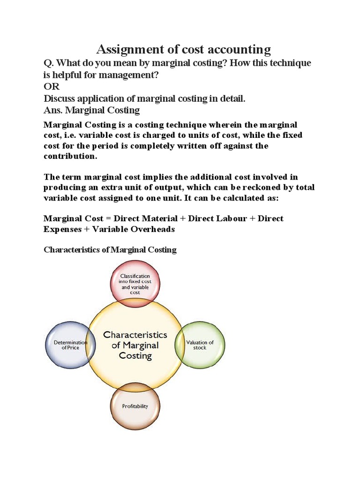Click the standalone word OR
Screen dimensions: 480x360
(52, 87)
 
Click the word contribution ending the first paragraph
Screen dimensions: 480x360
(70, 156)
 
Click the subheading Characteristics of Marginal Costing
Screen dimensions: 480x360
(110, 249)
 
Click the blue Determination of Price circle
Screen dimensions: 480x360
(70, 345)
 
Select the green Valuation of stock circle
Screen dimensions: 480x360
(200, 345)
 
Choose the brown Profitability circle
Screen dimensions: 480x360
(135, 406)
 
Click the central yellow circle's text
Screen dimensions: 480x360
(135, 345)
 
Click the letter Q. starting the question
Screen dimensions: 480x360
(48, 63)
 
